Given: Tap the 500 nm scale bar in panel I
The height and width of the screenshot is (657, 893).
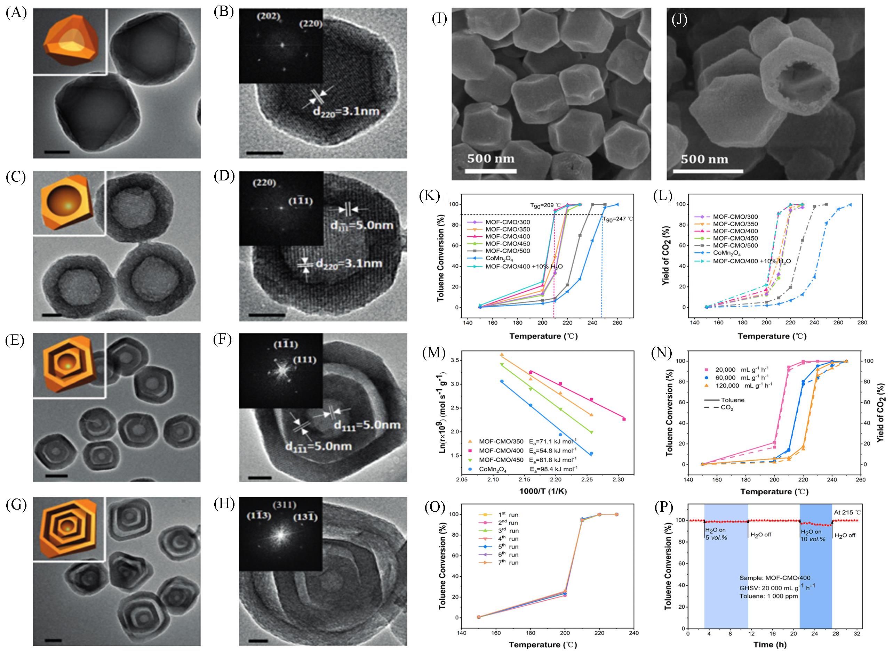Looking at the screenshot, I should tap(490, 171).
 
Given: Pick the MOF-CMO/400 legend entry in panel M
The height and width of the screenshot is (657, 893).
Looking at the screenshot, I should tap(501, 451).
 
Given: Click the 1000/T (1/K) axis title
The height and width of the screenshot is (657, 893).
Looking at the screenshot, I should tap(543, 491).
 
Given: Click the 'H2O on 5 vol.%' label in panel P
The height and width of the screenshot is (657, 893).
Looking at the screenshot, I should tap(716, 534).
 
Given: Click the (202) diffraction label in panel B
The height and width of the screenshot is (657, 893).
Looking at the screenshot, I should tap(268, 17).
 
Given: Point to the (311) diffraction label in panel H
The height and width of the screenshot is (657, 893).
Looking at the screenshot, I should tap(285, 505).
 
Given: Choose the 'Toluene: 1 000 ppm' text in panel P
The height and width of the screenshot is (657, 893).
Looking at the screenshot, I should tap(768, 607).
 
